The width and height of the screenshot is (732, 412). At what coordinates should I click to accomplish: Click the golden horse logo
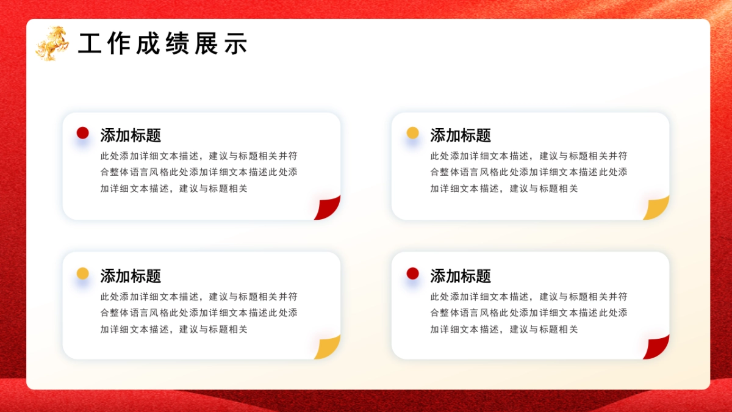click(x=52, y=43)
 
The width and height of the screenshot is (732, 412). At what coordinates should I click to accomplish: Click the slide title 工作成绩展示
click(x=163, y=44)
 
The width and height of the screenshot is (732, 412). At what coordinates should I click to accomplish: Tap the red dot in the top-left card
click(x=83, y=133)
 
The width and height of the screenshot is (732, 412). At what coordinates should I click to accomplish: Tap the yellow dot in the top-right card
click(x=413, y=133)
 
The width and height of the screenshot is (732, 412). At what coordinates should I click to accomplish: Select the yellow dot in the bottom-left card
click(x=83, y=273)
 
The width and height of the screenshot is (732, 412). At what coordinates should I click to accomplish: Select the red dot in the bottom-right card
click(x=413, y=273)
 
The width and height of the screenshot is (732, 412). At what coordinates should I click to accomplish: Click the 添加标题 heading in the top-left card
click(x=131, y=135)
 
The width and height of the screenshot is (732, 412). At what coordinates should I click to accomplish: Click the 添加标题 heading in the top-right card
click(x=461, y=135)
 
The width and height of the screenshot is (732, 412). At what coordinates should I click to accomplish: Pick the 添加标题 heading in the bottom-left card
click(x=131, y=276)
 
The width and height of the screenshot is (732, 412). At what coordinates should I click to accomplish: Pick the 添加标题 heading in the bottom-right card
click(x=461, y=276)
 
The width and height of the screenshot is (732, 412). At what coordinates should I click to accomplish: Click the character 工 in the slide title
click(x=90, y=44)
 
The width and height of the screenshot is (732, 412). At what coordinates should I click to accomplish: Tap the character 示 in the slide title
click(x=236, y=44)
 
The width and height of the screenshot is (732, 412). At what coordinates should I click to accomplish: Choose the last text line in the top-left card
click(x=174, y=189)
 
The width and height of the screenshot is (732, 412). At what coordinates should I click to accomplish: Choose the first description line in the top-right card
click(x=529, y=156)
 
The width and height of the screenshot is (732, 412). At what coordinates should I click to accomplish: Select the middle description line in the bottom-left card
click(x=199, y=313)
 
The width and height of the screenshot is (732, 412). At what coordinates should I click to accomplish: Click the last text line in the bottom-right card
click(x=504, y=329)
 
